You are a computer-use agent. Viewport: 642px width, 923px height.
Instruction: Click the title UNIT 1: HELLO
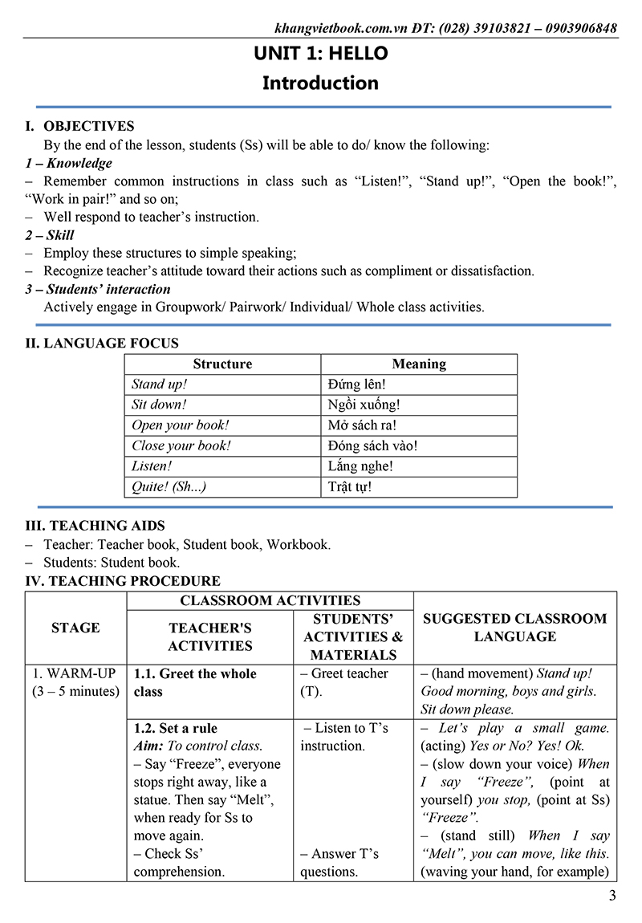pyautogui.click(x=320, y=54)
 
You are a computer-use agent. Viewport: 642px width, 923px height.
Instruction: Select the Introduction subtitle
pyautogui.click(x=320, y=83)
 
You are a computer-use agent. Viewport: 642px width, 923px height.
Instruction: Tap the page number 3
pyautogui.click(x=612, y=897)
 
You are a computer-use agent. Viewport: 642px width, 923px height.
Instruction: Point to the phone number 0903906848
pyautogui.click(x=580, y=28)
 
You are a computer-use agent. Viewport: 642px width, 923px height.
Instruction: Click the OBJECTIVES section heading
pyautogui.click(x=88, y=126)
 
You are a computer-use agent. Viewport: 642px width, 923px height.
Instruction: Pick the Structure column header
pyautogui.click(x=222, y=364)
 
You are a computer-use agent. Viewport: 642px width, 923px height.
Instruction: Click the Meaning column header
pyautogui.click(x=419, y=364)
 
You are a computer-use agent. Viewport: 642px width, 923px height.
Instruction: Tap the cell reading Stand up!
pyautogui.click(x=159, y=384)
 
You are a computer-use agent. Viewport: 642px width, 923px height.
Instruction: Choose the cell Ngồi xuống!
pyautogui.click(x=364, y=405)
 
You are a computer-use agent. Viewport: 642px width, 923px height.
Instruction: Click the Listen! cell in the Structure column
pyautogui.click(x=152, y=466)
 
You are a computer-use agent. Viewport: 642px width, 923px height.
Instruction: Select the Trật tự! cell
pyautogui.click(x=350, y=486)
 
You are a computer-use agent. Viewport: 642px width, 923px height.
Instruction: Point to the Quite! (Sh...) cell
pyautogui.click(x=169, y=486)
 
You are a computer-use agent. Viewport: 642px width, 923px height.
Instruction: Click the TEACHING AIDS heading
pyautogui.click(x=107, y=527)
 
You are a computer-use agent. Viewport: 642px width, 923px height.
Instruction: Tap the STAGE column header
pyautogui.click(x=75, y=628)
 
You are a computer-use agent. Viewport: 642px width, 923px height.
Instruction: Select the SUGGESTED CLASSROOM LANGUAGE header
pyautogui.click(x=514, y=628)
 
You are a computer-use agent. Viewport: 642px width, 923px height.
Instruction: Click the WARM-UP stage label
pyautogui.click(x=75, y=673)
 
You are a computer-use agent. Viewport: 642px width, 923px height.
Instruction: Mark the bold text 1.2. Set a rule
pyautogui.click(x=176, y=728)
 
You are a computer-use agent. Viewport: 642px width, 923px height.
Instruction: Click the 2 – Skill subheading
pyautogui.click(x=50, y=235)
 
